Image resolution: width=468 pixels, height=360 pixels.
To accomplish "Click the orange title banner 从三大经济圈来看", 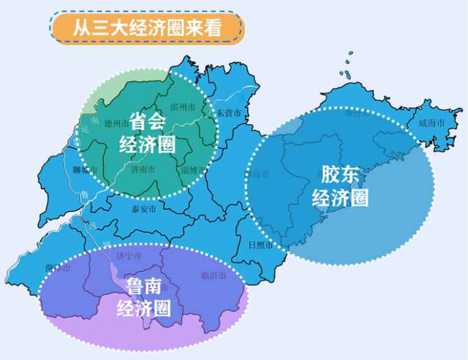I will [148, 29].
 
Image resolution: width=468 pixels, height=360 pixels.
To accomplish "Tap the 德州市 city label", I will [117, 122].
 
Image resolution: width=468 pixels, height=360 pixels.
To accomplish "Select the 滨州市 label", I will [183, 106].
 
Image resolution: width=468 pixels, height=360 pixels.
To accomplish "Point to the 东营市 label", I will [229, 113].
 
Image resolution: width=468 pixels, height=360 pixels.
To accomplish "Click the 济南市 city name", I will [143, 170].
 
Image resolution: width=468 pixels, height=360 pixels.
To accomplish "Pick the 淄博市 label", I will [194, 170].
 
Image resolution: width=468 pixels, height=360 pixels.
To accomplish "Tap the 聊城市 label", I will [85, 170].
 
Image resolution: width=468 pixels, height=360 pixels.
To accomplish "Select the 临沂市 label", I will [214, 275].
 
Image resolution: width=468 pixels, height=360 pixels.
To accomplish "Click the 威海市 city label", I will [432, 122].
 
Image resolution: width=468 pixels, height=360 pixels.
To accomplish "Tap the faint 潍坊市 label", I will [257, 174].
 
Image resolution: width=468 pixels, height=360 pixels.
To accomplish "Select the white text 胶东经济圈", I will [340, 186].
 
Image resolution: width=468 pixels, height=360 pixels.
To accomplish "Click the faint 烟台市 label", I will [357, 114].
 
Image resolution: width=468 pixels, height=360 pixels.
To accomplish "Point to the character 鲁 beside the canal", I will [83, 195].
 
